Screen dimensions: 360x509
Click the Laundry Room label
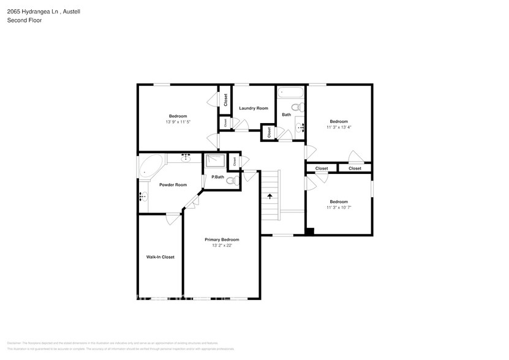[254, 108]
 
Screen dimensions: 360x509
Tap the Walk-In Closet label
[160, 257]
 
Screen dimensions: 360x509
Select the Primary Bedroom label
[222, 239]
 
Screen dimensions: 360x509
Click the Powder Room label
[173, 185]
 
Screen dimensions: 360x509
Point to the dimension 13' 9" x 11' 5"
[178, 122]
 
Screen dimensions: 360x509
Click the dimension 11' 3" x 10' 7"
[339, 208]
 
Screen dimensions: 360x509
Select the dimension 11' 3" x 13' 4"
[339, 127]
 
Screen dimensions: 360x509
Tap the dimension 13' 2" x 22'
[222, 246]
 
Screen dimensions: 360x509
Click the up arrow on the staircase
[270, 197]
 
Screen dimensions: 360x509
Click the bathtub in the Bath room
[290, 94]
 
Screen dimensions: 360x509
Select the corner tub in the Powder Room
[150, 167]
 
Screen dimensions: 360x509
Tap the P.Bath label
[218, 178]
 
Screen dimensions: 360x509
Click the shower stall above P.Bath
[215, 161]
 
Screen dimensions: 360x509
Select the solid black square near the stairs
[310, 231]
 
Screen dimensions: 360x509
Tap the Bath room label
[287, 114]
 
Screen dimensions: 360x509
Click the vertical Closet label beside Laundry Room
[225, 99]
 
